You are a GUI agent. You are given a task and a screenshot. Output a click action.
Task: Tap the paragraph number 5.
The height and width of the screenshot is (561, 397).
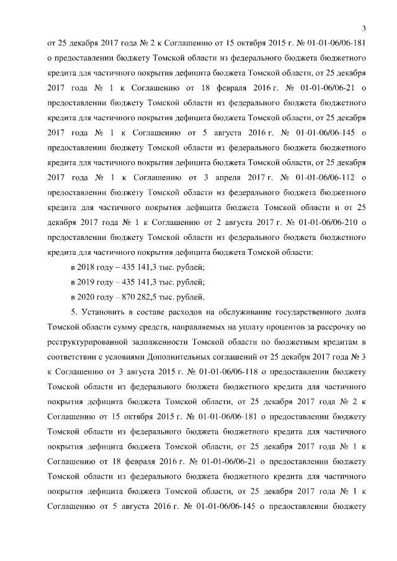point(74,311)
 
